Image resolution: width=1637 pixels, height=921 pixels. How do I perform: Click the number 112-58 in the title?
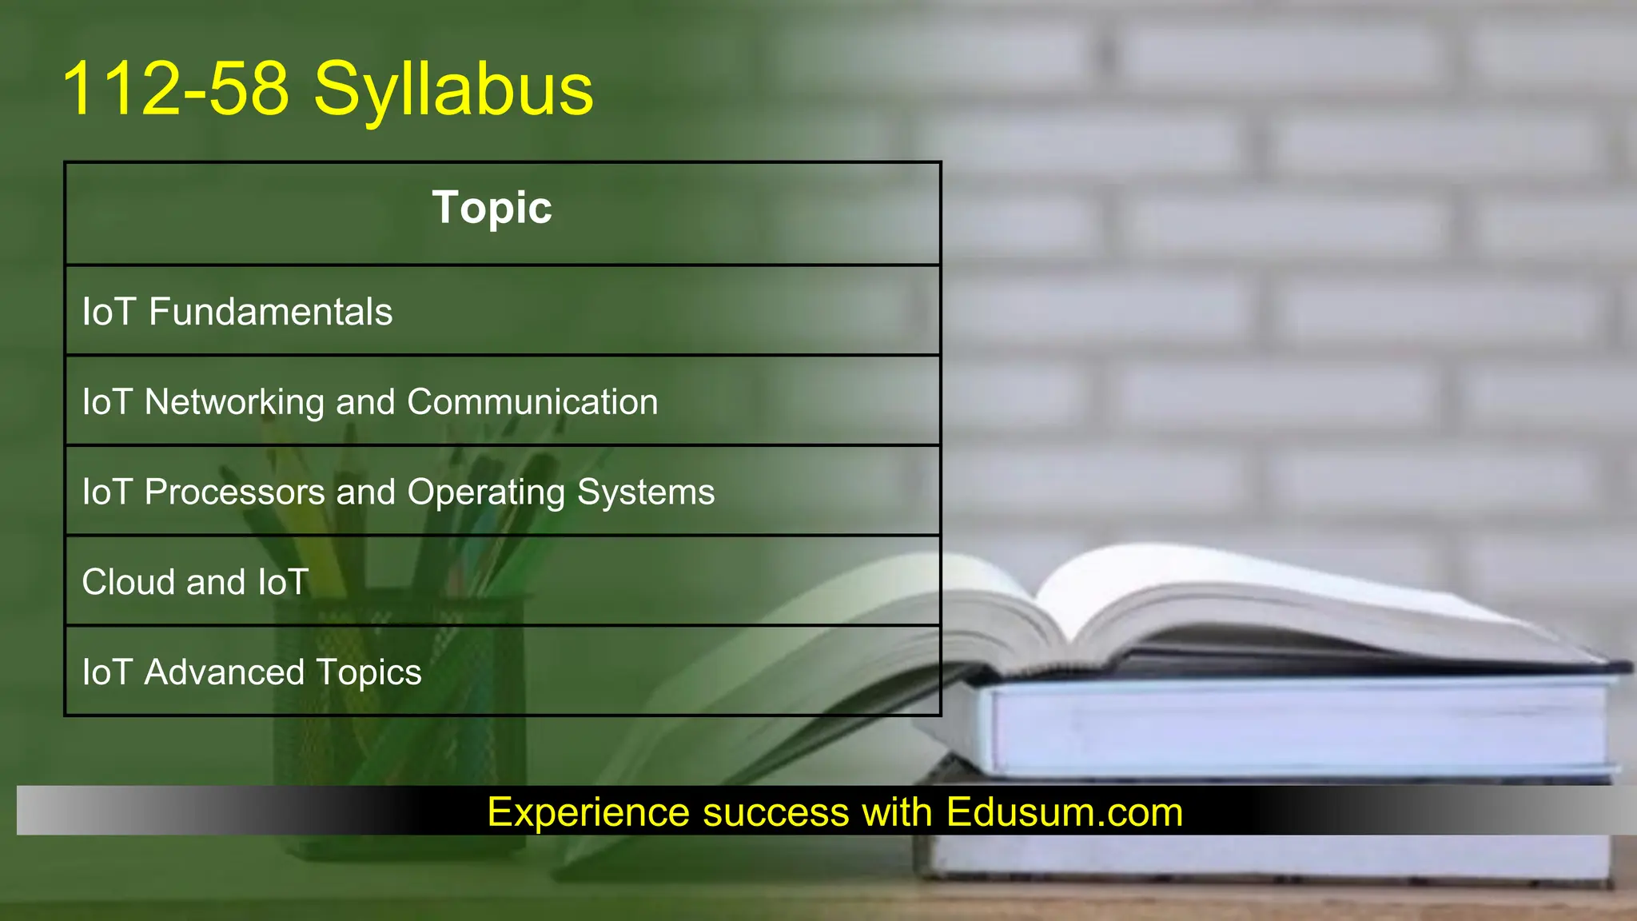click(175, 89)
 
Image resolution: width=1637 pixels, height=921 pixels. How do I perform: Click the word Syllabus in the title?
click(453, 90)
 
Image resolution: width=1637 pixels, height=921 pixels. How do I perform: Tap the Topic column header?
click(492, 208)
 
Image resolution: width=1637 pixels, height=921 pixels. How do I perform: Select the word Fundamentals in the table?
click(270, 312)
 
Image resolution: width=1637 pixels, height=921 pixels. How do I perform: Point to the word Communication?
click(532, 402)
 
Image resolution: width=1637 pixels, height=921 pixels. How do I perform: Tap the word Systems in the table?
click(646, 492)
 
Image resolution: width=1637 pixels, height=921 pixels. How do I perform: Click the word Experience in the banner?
click(588, 812)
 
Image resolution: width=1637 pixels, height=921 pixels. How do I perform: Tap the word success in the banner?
click(775, 812)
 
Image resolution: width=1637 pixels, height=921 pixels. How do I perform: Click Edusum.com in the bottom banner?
click(1064, 812)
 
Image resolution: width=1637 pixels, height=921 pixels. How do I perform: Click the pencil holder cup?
click(400, 720)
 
